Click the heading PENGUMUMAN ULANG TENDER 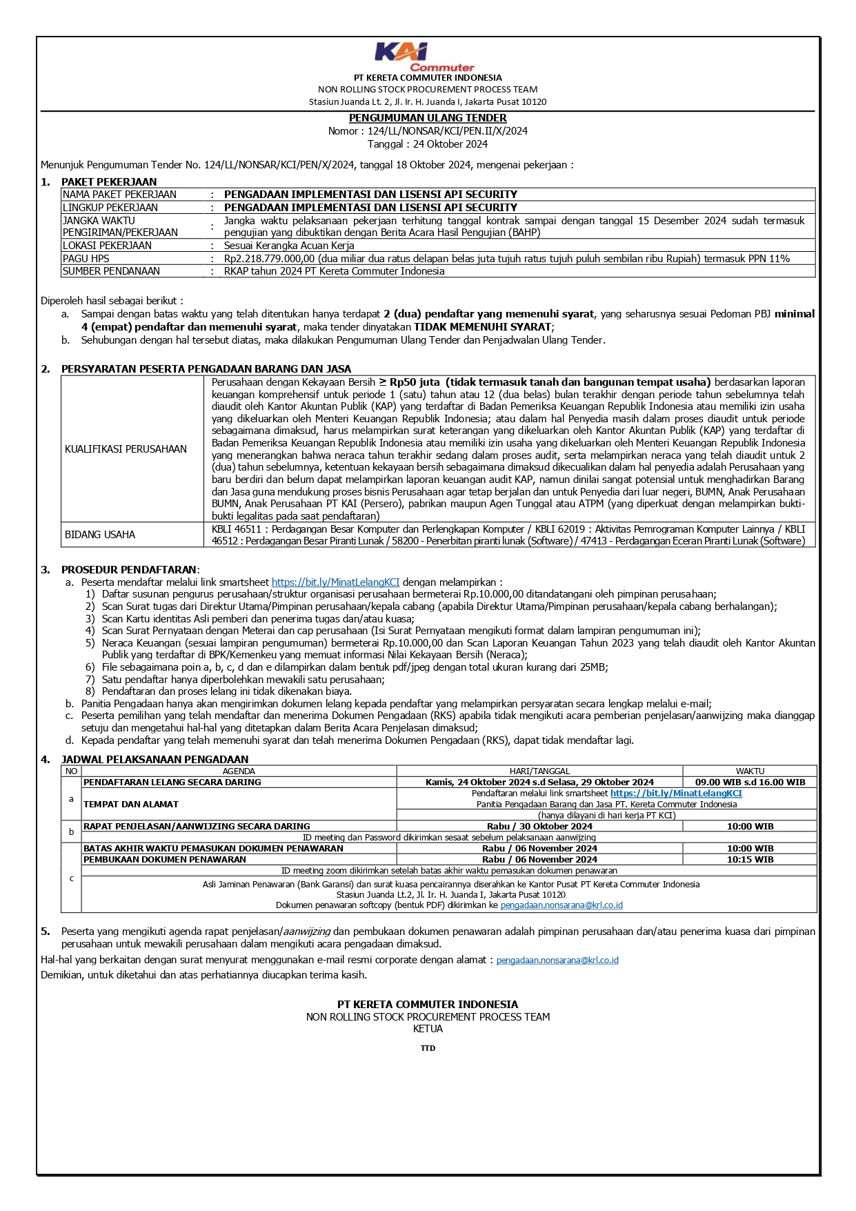click(428, 118)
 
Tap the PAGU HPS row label click(86, 259)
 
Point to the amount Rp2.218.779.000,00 click(269, 259)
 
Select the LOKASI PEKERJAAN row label click(107, 246)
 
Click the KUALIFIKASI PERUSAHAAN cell click(126, 449)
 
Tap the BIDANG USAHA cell click(100, 535)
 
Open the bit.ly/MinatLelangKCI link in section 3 click(335, 582)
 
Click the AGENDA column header click(239, 771)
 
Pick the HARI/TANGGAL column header click(539, 771)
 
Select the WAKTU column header click(750, 771)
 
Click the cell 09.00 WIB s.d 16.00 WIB click(750, 782)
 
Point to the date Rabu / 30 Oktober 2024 click(539, 827)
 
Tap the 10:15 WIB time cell click(750, 860)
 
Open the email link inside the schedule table click(561, 905)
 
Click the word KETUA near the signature click(428, 1029)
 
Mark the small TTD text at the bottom click(428, 1048)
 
